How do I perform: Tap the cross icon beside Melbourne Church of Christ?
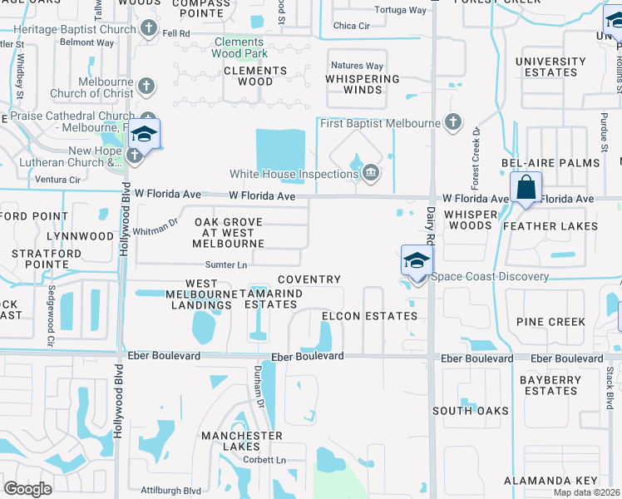click(146, 86)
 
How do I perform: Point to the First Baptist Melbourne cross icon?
click(452, 123)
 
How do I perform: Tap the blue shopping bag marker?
click(526, 186)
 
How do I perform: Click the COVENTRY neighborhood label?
click(309, 279)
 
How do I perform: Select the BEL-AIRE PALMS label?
click(550, 164)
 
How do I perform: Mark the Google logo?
click(28, 489)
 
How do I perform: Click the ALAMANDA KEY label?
click(550, 481)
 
